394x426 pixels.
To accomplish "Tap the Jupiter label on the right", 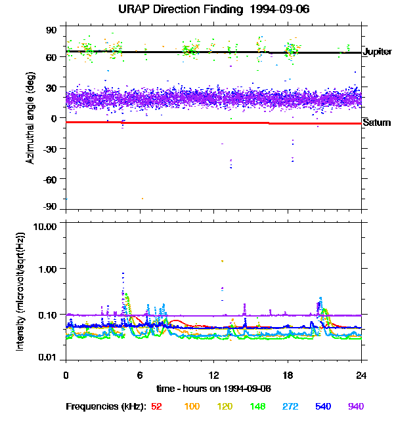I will pyautogui.click(x=377, y=52).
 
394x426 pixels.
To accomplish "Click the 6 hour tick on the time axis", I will pyautogui.click(x=140, y=376).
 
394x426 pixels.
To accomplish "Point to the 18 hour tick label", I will pyautogui.click(x=288, y=376).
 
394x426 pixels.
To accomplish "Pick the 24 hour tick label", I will pyautogui.click(x=361, y=376).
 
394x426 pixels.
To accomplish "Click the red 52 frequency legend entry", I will pyautogui.click(x=156, y=406).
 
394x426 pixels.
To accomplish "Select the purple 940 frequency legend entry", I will pyautogui.click(x=356, y=406).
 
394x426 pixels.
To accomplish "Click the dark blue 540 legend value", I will pyautogui.click(x=323, y=406).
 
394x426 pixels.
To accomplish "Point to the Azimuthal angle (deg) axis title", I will pyautogui.click(x=30, y=118).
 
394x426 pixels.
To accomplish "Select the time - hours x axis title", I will pyautogui.click(x=214, y=389).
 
